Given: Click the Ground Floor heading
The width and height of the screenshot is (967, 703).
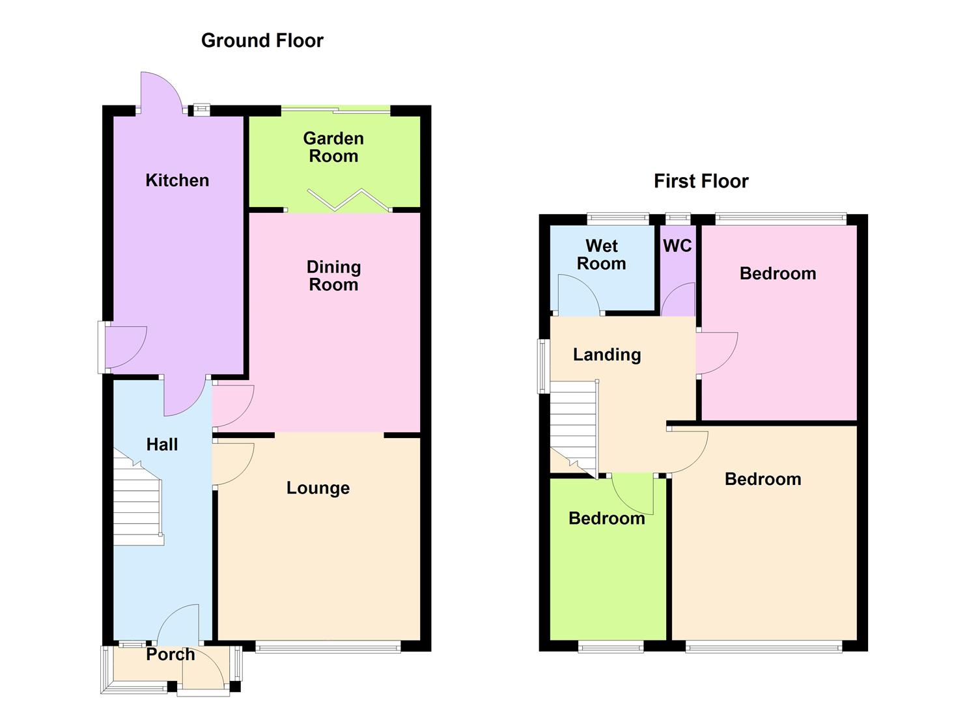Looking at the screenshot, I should coord(262,40).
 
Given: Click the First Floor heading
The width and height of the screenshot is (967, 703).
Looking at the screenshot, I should coord(701,181).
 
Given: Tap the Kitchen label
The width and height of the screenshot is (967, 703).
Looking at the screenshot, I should coord(177,180).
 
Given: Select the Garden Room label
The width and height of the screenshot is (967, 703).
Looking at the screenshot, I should coord(333,147).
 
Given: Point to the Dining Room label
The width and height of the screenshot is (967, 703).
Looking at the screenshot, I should coord(333,276).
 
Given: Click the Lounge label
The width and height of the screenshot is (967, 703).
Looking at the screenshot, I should coord(318,488).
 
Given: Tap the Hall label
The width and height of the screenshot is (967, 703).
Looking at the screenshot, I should coord(161,445).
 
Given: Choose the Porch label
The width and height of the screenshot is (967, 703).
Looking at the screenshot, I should coord(170,655).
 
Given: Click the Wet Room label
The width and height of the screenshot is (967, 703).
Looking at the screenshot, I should coord(601,255).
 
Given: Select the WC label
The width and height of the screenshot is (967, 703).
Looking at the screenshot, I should coord(677,246).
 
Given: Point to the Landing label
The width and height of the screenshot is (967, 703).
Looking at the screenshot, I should coord(607,355).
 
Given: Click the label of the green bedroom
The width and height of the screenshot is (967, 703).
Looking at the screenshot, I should coord(606,519).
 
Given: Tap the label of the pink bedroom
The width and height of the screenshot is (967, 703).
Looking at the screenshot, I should coord(778,273).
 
